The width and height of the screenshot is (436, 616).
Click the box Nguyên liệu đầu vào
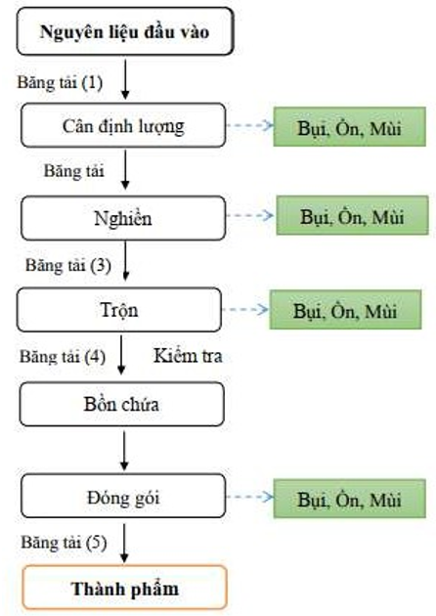[125, 31]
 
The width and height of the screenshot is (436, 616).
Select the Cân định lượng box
[123, 125]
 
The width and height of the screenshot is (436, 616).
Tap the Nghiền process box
[123, 218]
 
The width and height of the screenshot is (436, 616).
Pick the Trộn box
[119, 310]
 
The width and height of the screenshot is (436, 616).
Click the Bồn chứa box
[122, 404]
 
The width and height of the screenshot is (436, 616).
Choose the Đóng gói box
[123, 496]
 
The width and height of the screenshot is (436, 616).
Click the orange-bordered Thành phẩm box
[125, 588]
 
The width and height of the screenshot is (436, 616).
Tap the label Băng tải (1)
[60, 82]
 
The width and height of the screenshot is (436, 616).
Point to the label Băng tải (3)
[68, 265]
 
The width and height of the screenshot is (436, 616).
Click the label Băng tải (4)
[63, 357]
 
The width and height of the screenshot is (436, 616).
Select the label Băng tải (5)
[64, 543]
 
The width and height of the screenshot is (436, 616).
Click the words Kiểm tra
[188, 356]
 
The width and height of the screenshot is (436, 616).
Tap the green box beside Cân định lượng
[350, 126]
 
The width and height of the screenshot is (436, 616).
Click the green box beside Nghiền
[352, 215]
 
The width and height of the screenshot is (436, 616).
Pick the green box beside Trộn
[345, 310]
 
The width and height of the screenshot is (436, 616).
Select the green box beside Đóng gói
[350, 498]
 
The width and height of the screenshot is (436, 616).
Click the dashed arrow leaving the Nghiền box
[250, 215]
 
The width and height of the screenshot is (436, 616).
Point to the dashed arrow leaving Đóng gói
[250, 497]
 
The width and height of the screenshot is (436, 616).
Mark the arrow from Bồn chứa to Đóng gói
[124, 451]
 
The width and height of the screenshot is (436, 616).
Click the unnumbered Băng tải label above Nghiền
[74, 171]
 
